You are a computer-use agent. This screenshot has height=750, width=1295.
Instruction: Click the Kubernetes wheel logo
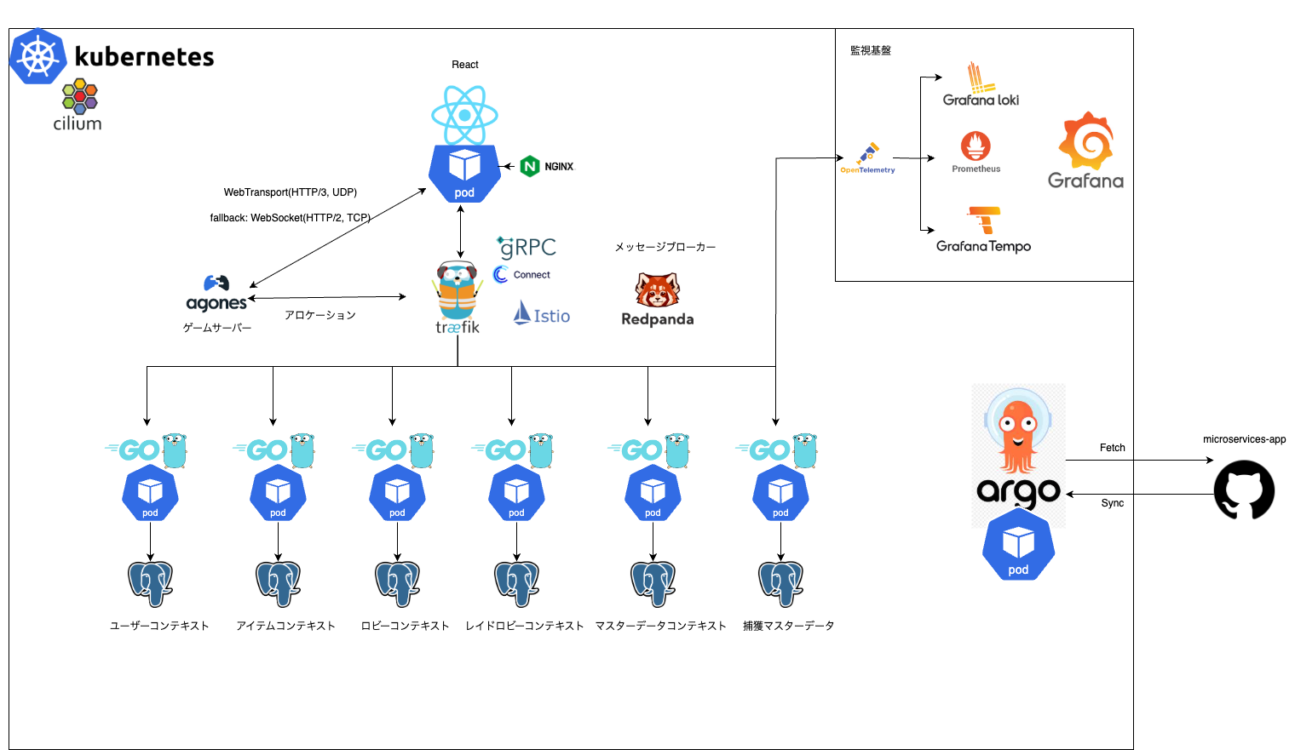[38, 56]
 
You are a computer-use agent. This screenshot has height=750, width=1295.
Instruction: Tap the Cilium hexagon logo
[80, 96]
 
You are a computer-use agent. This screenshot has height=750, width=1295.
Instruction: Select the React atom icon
[464, 115]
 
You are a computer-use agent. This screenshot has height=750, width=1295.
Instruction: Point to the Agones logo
[216, 294]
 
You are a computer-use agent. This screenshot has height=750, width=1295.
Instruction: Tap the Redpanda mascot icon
[657, 290]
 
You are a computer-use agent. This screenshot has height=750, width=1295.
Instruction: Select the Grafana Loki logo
[981, 84]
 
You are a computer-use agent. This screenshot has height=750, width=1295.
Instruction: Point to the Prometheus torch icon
[976, 146]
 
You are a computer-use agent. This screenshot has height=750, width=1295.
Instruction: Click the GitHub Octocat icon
[1244, 490]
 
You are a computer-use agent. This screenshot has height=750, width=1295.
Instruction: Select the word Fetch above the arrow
[1112, 448]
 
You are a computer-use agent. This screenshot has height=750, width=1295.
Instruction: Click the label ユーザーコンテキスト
[159, 626]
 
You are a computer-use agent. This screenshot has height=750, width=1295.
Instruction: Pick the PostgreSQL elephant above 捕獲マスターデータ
[780, 583]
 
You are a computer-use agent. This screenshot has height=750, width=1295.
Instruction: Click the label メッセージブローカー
[665, 247]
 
